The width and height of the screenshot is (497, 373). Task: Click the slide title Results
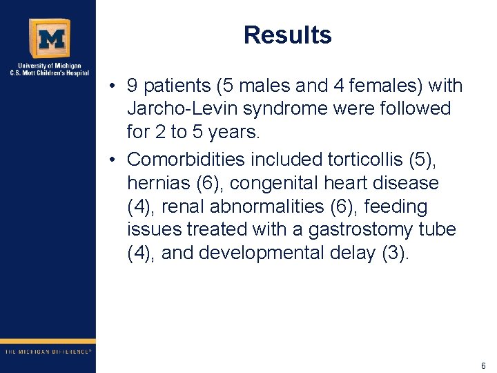(287, 35)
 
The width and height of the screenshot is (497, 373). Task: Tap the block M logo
(48, 38)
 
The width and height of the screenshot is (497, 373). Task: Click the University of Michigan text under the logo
(48, 66)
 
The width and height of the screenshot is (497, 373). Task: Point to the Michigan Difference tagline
(48, 352)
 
